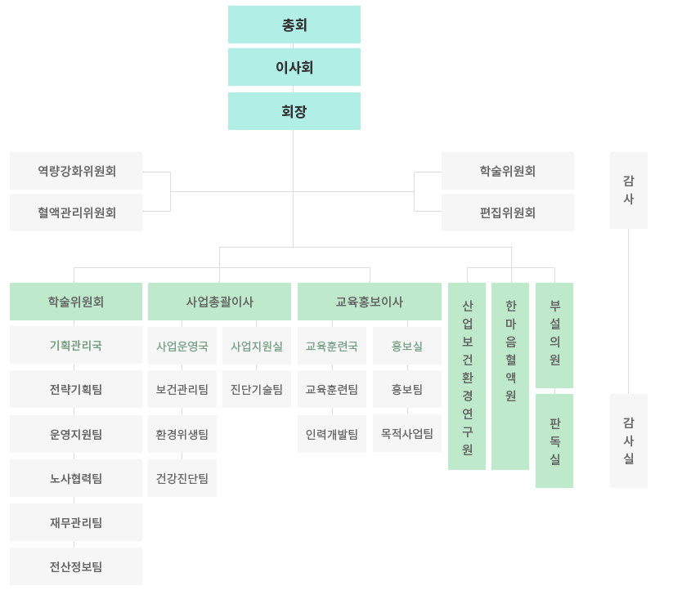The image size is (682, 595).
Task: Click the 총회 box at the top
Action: coord(294,25)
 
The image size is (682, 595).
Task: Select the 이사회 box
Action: coord(294,67)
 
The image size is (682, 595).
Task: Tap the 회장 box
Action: coord(294,111)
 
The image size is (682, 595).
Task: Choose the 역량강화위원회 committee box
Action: coord(76,171)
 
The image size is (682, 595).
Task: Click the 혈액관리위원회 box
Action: coord(76,212)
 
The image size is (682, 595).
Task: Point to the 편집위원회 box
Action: coord(508,212)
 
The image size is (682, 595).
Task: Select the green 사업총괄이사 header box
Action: coord(219,302)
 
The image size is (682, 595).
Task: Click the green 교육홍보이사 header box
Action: coord(370,302)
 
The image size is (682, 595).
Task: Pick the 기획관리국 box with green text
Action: coord(76,345)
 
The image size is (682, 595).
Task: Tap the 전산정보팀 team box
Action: coord(76,566)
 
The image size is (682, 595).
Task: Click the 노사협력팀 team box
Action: coord(76,478)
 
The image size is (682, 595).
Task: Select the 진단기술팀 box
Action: coord(257,389)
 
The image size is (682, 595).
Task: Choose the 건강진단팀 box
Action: coord(182,478)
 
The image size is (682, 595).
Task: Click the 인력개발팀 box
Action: coord(332,434)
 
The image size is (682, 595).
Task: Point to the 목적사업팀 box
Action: coord(407,433)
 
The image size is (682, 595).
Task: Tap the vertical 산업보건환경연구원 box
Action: coord(467,377)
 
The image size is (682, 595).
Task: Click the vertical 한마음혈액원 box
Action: coord(510,377)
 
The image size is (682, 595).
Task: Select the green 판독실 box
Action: coord(554,441)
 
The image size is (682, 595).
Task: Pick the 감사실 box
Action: coord(629,441)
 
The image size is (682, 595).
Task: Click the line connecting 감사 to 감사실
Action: coord(628,311)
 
